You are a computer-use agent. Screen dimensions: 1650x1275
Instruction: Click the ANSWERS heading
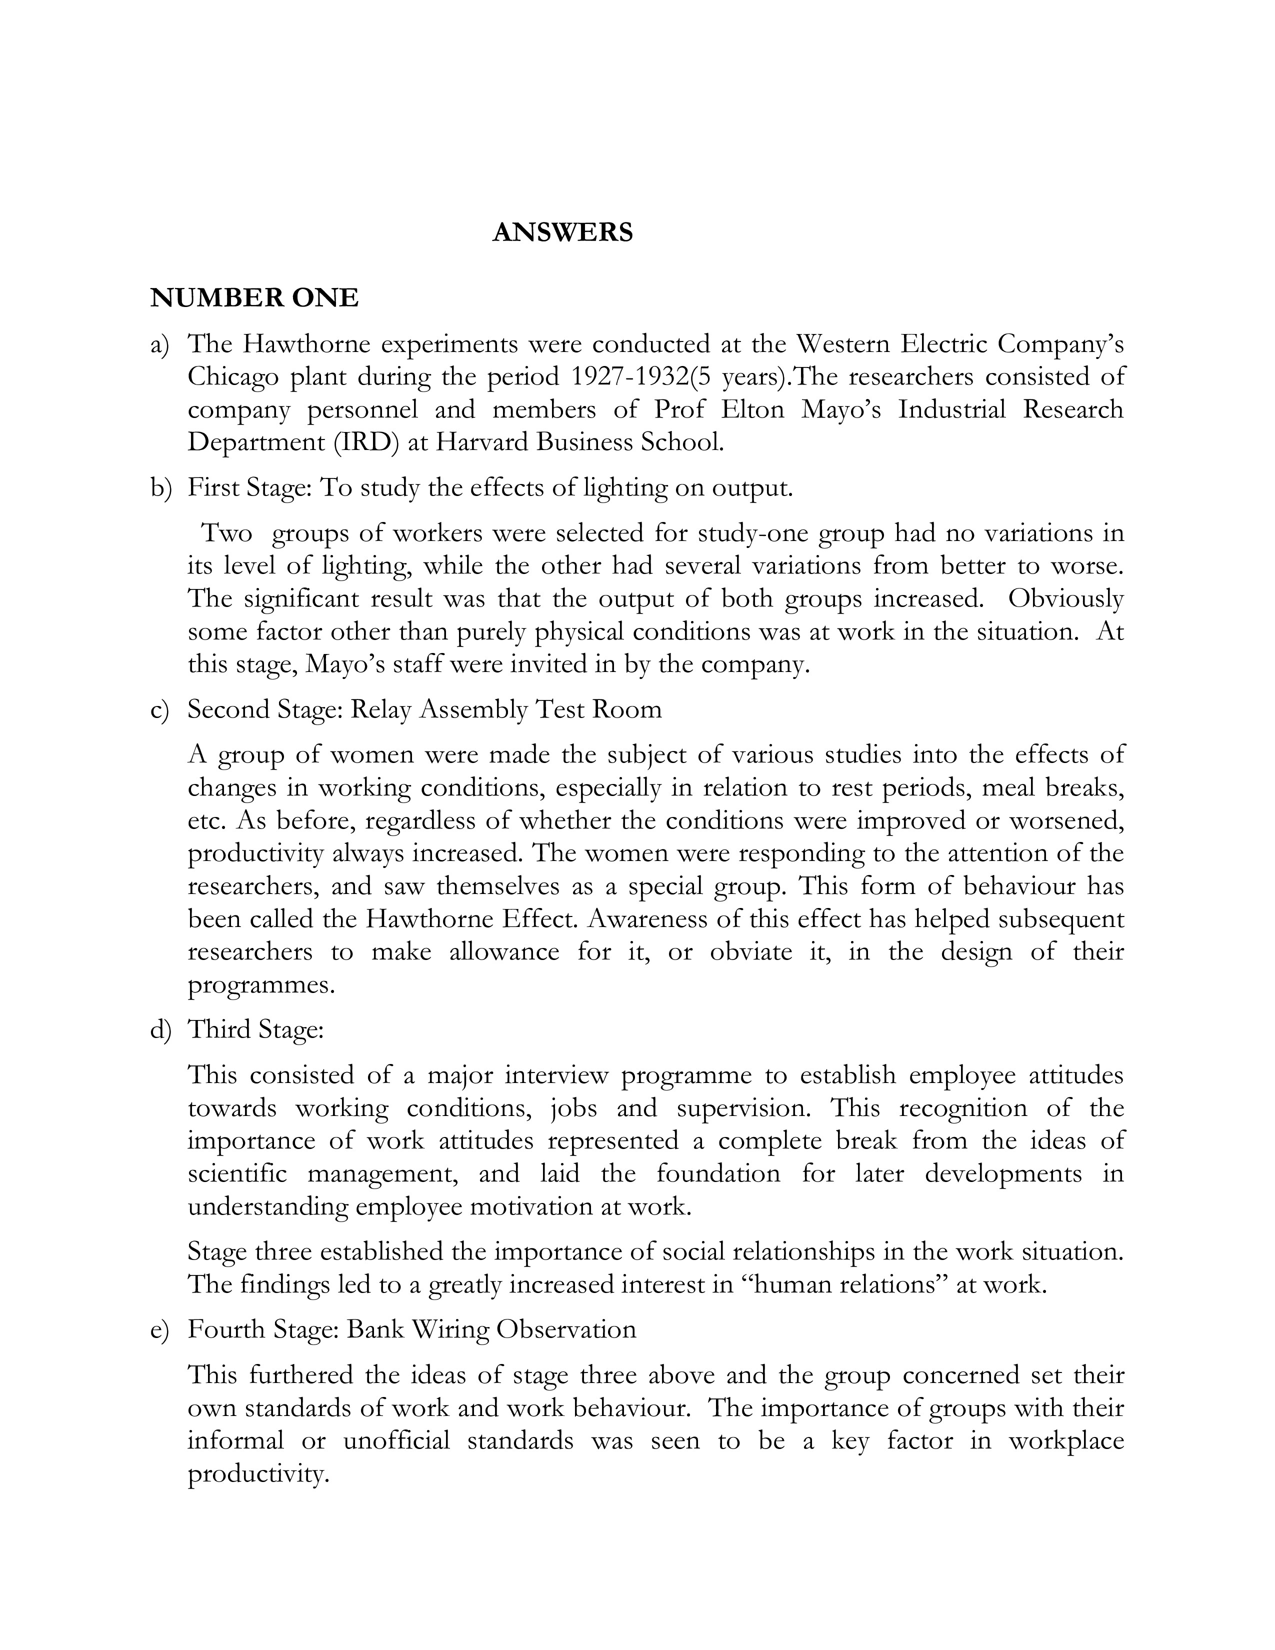[x=562, y=232]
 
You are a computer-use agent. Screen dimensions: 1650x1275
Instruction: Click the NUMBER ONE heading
[x=254, y=298]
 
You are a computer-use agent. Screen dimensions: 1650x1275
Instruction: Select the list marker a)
[x=160, y=344]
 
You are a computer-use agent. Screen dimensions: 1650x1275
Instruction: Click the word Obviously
[x=1066, y=598]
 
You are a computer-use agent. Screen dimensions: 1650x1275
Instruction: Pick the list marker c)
[x=159, y=709]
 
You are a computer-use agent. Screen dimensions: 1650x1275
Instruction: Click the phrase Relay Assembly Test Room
[x=505, y=709]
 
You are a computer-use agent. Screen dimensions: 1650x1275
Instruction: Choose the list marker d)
[x=161, y=1029]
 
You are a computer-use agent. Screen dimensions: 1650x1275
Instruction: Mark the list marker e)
[x=160, y=1329]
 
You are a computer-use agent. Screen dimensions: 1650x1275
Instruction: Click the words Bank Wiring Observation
[x=491, y=1329]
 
